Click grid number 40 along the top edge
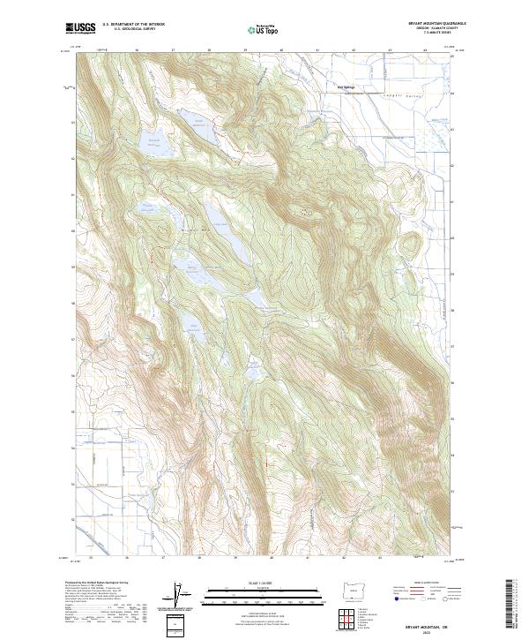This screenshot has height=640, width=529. [281, 51]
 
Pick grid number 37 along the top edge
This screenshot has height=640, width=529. [173, 51]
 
